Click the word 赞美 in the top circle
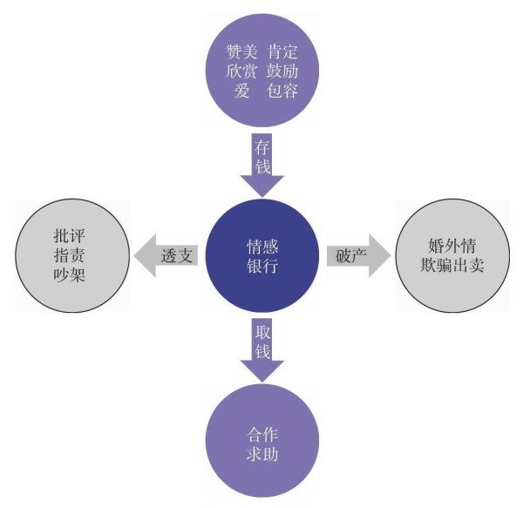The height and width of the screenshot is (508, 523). click(x=234, y=51)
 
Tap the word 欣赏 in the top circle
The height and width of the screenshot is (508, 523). click(x=234, y=70)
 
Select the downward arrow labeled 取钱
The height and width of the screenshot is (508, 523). click(x=262, y=347)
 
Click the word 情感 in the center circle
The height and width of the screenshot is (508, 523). click(x=262, y=246)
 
